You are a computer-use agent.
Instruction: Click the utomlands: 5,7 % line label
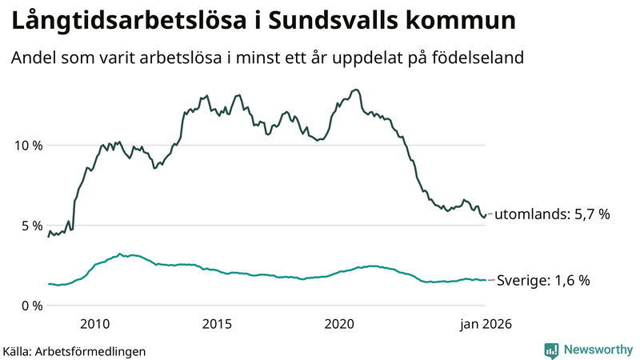[x=552, y=214]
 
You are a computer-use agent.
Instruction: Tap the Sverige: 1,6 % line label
[x=543, y=281]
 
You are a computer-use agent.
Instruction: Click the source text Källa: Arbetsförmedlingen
[x=74, y=350]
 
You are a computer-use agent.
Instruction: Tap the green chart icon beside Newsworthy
[x=551, y=350]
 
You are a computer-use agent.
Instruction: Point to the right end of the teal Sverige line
[x=486, y=280]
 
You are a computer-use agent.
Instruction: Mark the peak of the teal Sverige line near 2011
[x=120, y=254]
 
